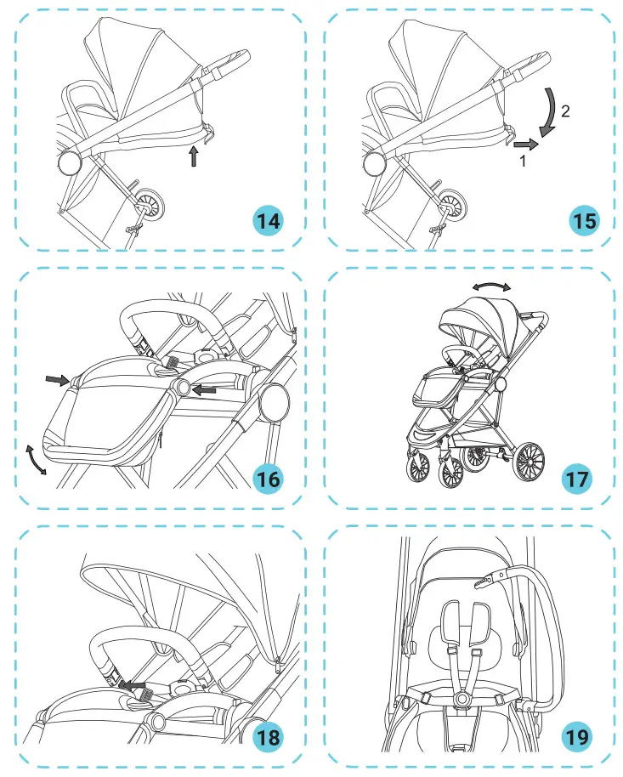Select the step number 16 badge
tap(269, 479)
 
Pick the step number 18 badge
tap(269, 737)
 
